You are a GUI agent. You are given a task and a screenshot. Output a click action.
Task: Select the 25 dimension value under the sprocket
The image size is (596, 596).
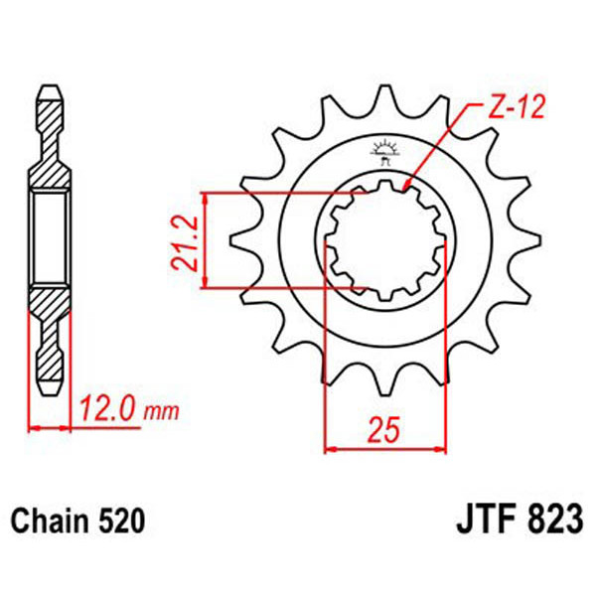tap(385, 430)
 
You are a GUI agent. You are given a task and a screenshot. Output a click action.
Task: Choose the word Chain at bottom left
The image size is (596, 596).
tap(46, 521)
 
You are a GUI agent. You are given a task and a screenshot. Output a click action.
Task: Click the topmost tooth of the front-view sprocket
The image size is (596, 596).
tap(385, 92)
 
